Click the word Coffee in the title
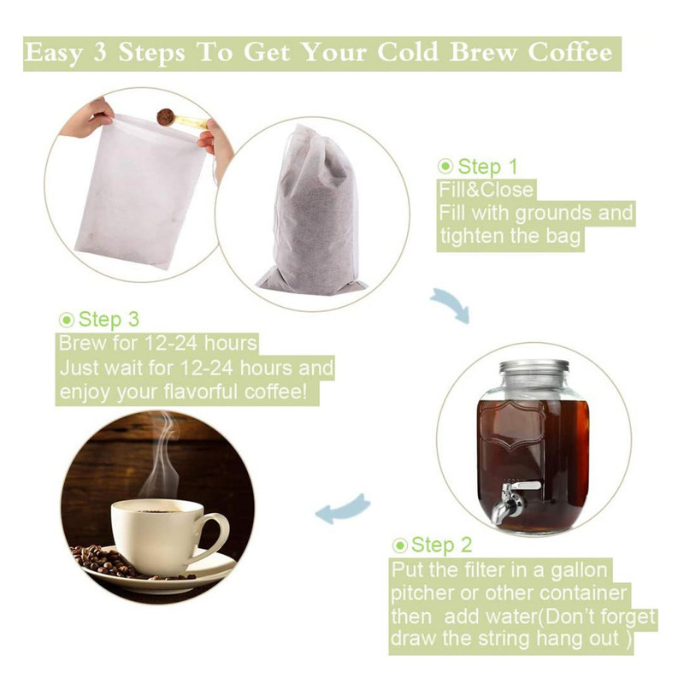(570, 52)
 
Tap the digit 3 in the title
(100, 52)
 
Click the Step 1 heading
(487, 167)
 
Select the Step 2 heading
(441, 545)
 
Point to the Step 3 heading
(109, 319)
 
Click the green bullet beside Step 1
(445, 166)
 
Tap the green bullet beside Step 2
(399, 545)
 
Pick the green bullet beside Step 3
(67, 320)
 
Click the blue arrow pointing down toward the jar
(451, 304)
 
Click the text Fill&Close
(486, 190)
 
